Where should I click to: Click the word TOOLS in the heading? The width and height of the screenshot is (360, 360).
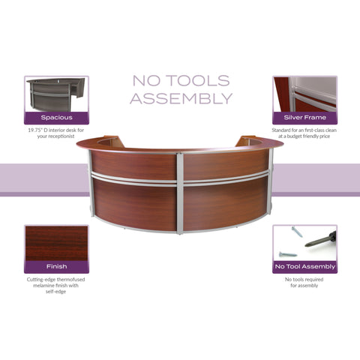pos(198,80)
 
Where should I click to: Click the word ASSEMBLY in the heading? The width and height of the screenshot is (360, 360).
pos(181,98)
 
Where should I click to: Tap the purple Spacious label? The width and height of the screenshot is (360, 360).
pos(56,118)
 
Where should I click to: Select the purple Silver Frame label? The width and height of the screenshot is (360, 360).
pos(304,118)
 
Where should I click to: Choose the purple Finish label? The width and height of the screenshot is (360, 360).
pos(56,267)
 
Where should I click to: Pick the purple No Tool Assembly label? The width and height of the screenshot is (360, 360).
pos(304,267)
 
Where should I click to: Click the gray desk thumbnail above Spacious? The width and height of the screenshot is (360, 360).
pos(56,94)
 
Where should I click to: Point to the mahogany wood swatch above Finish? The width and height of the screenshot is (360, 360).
pos(56,243)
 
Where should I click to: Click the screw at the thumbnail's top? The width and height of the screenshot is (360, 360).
pos(297,232)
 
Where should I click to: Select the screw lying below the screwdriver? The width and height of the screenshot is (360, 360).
pos(288,254)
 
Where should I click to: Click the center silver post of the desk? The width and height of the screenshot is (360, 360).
pos(180,193)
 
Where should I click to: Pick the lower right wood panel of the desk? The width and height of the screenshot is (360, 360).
pos(226,205)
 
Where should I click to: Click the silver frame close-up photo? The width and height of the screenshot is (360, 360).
pos(304,94)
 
